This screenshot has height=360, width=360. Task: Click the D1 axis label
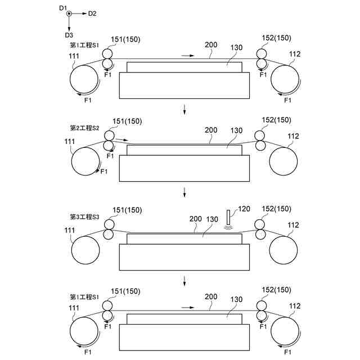(62, 7)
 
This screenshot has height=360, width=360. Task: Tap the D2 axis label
(92, 13)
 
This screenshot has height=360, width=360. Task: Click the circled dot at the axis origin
(69, 13)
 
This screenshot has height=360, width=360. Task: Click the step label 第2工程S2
(84, 128)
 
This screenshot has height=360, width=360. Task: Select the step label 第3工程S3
(84, 217)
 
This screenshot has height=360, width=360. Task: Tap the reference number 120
(244, 208)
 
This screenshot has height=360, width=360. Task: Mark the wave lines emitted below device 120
(227, 228)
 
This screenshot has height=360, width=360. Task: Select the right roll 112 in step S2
(283, 163)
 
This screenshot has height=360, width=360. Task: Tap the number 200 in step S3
(195, 219)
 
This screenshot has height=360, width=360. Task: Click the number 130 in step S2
(236, 130)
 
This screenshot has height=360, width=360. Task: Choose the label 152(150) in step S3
(276, 209)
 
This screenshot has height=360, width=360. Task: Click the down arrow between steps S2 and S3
(184, 194)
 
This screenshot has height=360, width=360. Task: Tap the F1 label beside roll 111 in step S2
(103, 171)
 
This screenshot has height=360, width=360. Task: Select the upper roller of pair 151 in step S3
(107, 224)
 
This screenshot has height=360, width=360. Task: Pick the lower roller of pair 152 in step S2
(260, 146)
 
